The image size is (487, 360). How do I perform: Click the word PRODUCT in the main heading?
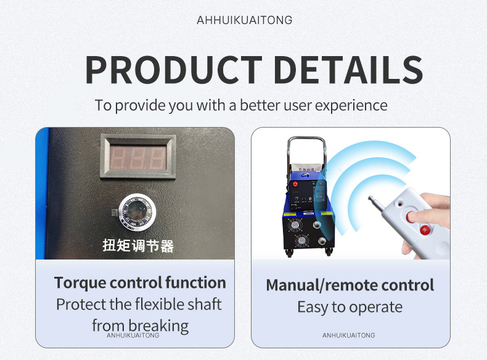click(x=174, y=70)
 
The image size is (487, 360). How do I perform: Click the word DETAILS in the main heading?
click(x=348, y=70)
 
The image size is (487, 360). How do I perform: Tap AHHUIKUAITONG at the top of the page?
click(x=245, y=20)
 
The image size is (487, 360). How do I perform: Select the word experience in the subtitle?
click(x=351, y=105)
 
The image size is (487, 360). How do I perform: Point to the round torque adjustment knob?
click(x=137, y=212)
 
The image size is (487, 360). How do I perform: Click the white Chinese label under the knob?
click(x=138, y=245)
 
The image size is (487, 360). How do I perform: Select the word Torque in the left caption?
click(x=80, y=283)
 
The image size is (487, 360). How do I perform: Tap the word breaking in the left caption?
click(x=158, y=326)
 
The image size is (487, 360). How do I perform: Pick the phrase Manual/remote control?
click(x=350, y=285)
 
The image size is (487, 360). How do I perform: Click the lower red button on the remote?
click(x=425, y=230)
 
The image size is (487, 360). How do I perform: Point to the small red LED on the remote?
click(x=399, y=205)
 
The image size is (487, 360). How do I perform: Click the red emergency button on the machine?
click(x=295, y=184)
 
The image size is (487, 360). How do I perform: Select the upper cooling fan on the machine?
click(x=293, y=225)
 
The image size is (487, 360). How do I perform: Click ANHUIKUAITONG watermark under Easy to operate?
click(x=348, y=335)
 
